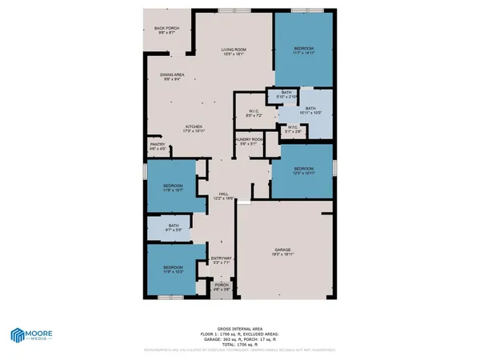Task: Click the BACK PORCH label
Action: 166,30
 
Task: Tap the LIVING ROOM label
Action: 234,51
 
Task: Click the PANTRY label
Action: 158,146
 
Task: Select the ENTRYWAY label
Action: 222,259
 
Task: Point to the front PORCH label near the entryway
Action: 222,286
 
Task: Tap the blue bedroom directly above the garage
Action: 303,170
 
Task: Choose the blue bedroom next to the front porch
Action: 174,270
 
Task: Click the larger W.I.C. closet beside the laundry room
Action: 254,114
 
